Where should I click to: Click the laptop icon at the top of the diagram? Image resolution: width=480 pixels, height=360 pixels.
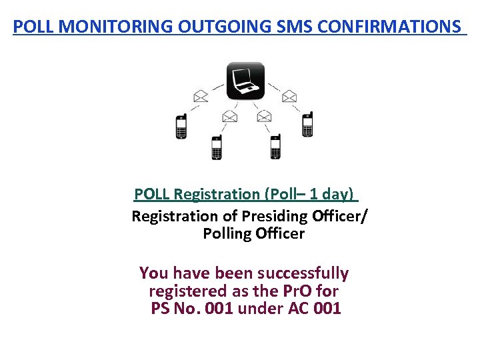[245, 80]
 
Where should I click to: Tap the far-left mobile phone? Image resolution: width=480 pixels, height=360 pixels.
[181, 126]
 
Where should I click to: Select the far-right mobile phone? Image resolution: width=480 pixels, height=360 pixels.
[307, 125]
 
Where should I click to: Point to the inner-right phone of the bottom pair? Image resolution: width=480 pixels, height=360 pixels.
[275, 147]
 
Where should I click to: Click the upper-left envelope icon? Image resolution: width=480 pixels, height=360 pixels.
[201, 96]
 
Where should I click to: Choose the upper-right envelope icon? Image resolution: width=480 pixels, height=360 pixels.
[289, 96]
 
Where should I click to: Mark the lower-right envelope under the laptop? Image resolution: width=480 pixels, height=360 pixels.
[264, 116]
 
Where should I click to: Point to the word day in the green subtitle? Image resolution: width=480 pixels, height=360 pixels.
[338, 194]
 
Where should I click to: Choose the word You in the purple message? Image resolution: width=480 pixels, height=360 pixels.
[154, 273]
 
